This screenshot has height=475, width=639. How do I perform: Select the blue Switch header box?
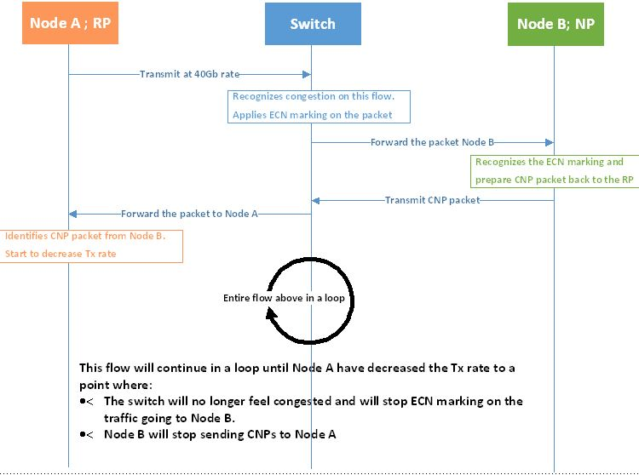tap(312, 23)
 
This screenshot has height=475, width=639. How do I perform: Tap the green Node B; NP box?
tap(555, 23)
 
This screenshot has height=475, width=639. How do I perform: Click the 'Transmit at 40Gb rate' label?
tap(189, 74)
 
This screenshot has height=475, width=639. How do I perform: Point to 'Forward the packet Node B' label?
tap(432, 142)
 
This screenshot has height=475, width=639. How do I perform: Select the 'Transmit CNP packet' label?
tap(432, 200)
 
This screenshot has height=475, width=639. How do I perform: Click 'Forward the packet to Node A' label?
tap(189, 214)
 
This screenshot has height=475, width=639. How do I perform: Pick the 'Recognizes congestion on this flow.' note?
tap(319, 96)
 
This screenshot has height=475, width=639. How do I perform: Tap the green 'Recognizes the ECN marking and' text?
tap(549, 162)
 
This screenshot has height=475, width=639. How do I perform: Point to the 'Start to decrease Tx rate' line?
tap(60, 254)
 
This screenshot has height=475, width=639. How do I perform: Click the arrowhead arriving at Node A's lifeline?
tap(73, 214)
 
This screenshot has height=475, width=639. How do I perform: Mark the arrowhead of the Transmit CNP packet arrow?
tap(315, 200)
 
